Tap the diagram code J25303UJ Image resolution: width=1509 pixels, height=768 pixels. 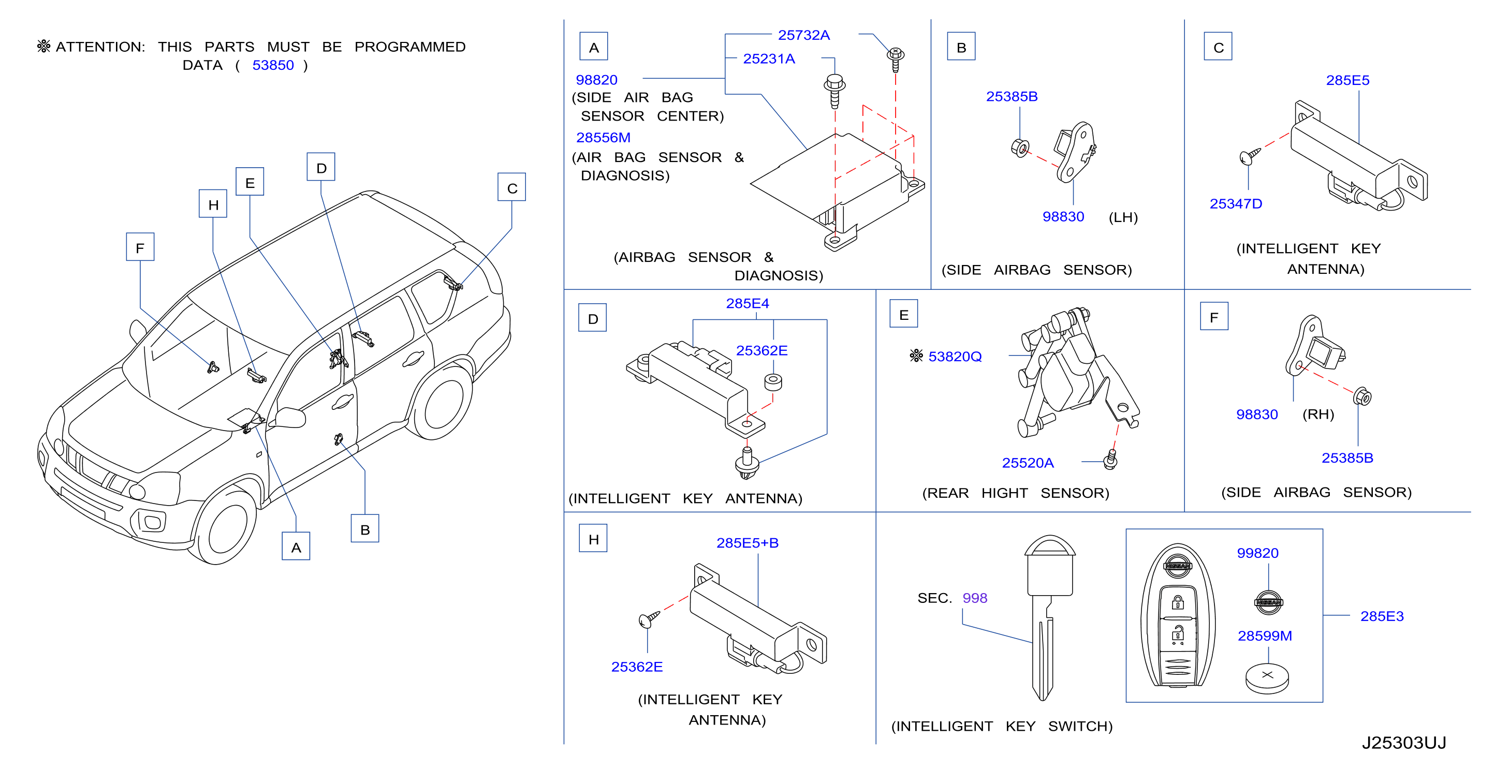click(1403, 743)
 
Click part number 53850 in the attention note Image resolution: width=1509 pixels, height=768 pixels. click(273, 65)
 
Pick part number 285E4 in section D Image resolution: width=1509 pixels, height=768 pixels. click(747, 303)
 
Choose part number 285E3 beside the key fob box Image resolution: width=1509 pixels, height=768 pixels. click(1381, 616)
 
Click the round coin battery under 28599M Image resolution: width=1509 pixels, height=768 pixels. click(1267, 678)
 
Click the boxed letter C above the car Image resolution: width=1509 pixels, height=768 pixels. click(511, 187)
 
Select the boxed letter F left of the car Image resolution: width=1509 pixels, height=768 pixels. click(140, 247)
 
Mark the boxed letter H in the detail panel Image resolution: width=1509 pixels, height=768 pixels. click(593, 538)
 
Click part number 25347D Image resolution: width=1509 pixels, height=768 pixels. click(1236, 204)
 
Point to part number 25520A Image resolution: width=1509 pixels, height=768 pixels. click(1028, 463)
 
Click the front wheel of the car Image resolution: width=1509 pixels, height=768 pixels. click(226, 524)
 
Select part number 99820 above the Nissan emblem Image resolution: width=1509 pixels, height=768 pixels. click(1257, 553)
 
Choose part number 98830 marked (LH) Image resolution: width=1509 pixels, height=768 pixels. click(1063, 217)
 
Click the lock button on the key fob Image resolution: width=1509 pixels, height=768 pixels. click(1178, 603)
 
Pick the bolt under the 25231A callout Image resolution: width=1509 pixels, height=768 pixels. click(835, 91)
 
